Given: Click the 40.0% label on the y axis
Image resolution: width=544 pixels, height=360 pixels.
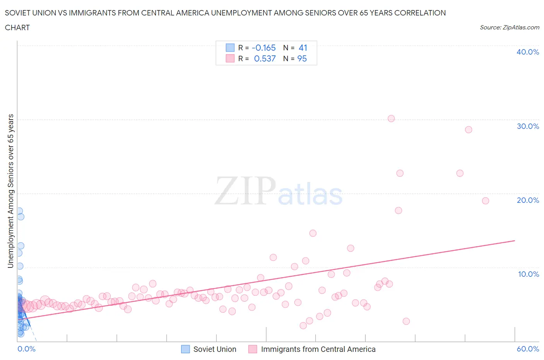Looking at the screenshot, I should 528,52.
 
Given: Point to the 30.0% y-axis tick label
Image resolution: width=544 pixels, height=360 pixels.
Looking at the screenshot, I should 528,127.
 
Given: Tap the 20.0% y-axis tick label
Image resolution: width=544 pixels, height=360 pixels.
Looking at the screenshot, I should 528,201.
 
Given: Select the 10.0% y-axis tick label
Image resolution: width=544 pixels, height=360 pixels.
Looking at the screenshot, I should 528,274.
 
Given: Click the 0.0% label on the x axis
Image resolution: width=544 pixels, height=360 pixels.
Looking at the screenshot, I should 26,349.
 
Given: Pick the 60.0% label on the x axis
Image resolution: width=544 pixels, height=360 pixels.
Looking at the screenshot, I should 528,349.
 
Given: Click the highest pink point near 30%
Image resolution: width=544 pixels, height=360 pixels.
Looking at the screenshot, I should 391,118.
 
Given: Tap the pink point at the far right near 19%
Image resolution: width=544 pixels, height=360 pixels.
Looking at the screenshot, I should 486,201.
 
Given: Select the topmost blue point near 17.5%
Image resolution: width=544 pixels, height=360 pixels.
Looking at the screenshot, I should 19,211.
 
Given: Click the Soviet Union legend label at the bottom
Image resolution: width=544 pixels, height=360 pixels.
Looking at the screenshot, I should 215,350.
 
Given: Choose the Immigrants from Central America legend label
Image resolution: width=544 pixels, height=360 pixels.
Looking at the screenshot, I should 318,350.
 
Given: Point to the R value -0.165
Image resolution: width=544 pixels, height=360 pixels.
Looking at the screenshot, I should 263,48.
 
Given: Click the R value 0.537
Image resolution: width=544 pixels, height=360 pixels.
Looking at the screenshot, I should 265,59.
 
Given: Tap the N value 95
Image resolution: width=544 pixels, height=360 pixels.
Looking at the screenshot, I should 302,59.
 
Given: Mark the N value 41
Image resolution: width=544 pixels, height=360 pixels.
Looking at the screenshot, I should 303,48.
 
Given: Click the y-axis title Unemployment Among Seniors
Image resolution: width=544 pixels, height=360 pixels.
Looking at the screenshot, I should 11,191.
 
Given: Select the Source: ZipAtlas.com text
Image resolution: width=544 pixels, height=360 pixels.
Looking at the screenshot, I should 509,27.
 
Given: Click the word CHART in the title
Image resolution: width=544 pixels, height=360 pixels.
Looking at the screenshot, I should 17,27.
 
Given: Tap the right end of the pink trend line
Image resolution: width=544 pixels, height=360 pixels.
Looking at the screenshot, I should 515,241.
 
